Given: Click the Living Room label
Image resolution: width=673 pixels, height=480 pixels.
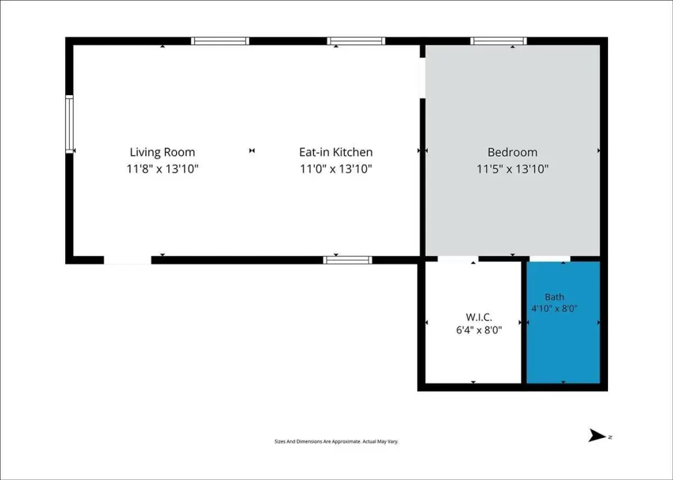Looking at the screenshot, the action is (162, 152).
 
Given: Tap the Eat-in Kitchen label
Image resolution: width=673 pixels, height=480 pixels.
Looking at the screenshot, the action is (336, 152).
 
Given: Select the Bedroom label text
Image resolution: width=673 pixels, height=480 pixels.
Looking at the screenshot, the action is (513, 152).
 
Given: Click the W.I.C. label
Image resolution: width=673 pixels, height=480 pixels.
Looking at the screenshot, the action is (479, 317).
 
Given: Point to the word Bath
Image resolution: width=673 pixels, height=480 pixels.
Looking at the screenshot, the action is (555, 297).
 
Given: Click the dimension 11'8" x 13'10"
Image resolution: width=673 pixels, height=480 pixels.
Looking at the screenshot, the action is (163, 169).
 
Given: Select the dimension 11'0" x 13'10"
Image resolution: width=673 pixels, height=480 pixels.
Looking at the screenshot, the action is (336, 169).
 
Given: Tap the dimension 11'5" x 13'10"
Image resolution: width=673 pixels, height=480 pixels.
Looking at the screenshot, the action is (513, 169).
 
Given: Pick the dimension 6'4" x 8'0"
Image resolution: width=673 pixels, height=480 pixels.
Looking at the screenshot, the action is (479, 330).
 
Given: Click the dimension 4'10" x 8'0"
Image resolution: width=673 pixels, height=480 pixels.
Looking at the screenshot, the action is (555, 309).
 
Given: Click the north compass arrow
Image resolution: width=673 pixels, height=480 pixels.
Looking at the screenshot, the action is (596, 435).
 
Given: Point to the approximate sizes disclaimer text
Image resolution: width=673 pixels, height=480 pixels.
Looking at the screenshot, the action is (336, 441).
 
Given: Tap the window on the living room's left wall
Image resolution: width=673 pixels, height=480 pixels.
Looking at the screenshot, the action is (69, 124).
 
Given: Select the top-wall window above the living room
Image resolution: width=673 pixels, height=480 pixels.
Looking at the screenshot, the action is (220, 41).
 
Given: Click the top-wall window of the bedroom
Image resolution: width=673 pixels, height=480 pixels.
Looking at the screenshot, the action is (498, 41).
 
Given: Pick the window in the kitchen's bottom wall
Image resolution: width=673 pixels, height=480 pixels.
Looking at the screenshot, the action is (347, 260).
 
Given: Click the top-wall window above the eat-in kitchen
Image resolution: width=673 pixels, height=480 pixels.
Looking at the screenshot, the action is (356, 41).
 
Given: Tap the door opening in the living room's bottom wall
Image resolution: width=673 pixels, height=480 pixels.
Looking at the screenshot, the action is (128, 260).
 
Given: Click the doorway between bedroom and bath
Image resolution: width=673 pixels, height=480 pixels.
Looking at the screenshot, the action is (550, 259).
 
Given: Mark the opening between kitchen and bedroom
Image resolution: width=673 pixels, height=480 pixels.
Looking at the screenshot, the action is (423, 77).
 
